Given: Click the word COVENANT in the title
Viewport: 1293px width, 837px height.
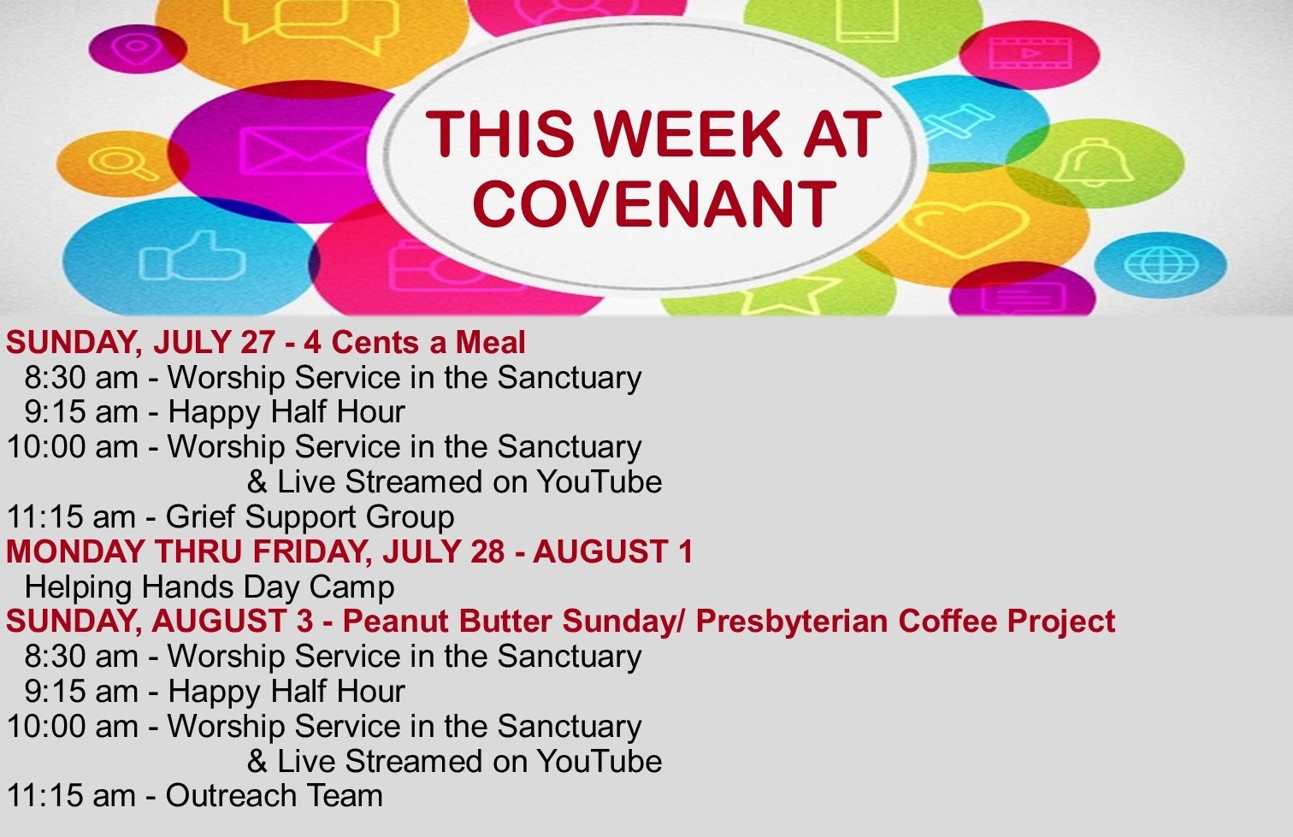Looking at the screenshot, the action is coord(654,203).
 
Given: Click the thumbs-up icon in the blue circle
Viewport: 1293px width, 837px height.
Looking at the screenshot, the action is coord(192,256).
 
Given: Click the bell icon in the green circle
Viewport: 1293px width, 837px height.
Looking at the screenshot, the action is coord(1095,162).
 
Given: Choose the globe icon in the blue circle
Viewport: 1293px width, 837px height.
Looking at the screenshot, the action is coord(1160,265).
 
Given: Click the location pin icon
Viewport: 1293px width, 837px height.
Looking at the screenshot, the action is coord(137,47).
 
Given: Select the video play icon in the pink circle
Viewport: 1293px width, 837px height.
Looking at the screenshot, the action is coord(1030,54).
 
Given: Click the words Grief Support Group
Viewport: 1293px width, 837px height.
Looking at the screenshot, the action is coord(310,517).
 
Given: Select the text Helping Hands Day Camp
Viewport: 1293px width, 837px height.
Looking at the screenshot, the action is coord(210,587).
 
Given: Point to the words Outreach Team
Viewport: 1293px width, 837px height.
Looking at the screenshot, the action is coord(275,795).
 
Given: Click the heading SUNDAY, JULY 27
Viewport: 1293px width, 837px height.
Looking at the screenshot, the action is coord(140,342).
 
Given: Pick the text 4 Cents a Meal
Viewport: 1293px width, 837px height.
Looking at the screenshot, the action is coord(415,342).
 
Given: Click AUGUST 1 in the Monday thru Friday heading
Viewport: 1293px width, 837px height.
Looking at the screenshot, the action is coord(612,551).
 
